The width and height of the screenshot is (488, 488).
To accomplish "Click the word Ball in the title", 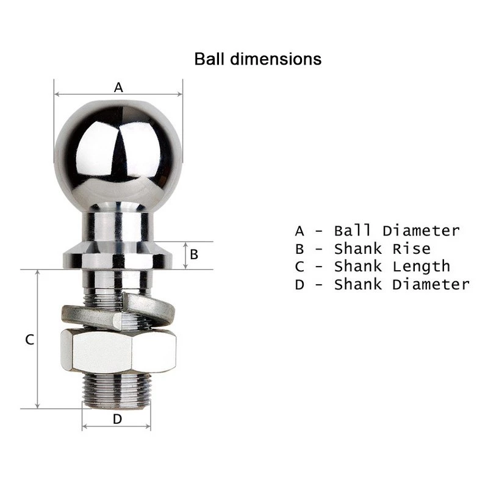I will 209,59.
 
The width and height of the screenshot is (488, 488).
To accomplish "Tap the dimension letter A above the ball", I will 118,87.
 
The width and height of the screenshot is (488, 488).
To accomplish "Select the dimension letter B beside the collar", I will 194,254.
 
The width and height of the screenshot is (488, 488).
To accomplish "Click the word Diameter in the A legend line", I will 421,231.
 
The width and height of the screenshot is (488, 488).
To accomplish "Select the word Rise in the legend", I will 412,249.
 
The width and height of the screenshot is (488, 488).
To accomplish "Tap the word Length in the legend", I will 421,267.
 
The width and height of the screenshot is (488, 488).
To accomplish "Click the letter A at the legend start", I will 299,231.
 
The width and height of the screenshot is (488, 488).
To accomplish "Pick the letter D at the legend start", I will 299,284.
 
